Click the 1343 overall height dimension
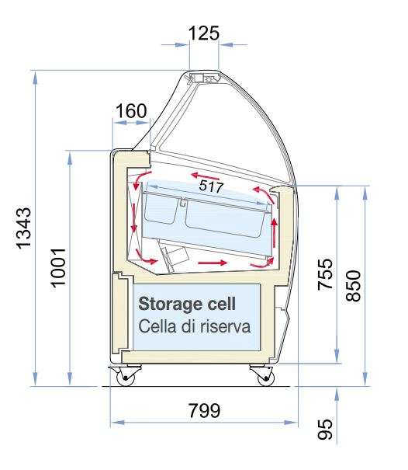(23, 228)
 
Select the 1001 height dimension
(58, 268)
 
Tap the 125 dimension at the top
(204, 33)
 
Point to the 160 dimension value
(131, 111)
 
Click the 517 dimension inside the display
(211, 186)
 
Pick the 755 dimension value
(325, 274)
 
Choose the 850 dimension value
(353, 286)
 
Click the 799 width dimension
(205, 410)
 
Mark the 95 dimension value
(325, 430)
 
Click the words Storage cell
(187, 304)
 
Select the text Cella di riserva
(194, 326)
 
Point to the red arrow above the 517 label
(206, 176)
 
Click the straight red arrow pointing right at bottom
(213, 263)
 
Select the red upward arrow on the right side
(274, 233)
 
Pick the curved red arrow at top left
(141, 179)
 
